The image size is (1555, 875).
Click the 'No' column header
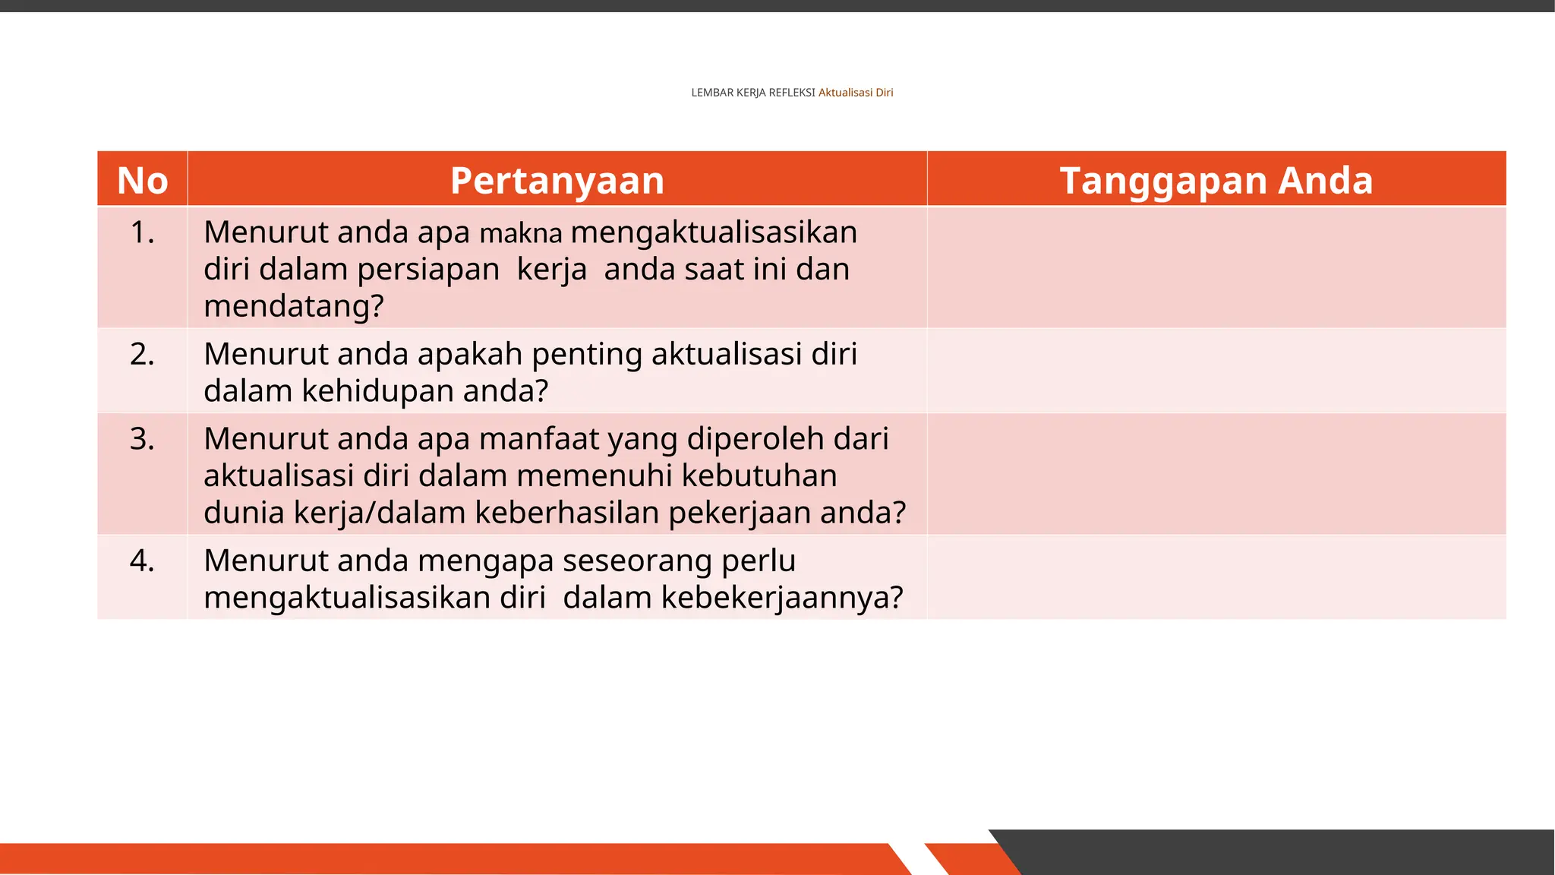tap(143, 181)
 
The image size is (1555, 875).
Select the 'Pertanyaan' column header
tap(557, 181)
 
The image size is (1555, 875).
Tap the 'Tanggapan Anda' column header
tap(1216, 181)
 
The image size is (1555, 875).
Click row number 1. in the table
tap(142, 232)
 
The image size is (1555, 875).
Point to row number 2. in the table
tap(142, 355)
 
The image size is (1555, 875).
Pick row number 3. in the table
tap(142, 439)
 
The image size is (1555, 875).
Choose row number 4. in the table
tap(142, 561)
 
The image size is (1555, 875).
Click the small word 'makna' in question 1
tap(521, 234)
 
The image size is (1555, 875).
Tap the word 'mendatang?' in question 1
tap(294, 307)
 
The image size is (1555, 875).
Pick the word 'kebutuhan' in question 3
tap(759, 476)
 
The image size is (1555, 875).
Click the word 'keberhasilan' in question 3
tap(567, 513)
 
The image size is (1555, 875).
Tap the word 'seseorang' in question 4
tap(637, 561)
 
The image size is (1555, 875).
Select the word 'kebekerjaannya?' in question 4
tap(782, 598)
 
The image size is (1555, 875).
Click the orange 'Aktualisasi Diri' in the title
tap(856, 93)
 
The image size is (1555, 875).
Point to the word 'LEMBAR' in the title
tap(711, 93)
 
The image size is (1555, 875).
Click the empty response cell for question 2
tap(1216, 371)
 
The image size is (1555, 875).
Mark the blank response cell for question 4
tap(1216, 577)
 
